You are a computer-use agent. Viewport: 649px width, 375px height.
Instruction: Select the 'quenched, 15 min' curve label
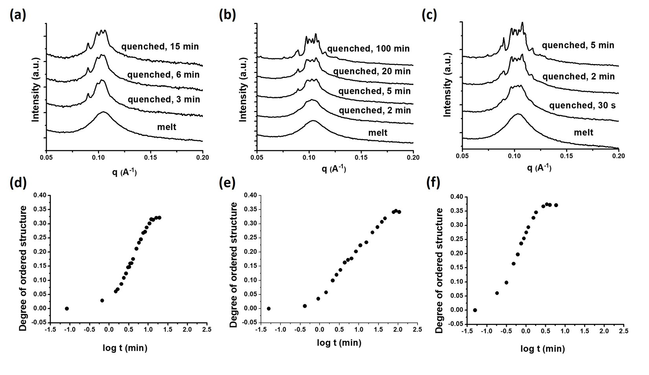[x=160, y=46]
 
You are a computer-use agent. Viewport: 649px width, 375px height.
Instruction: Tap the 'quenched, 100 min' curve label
[x=368, y=49]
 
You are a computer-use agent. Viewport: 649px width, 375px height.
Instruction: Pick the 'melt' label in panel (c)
[x=583, y=132]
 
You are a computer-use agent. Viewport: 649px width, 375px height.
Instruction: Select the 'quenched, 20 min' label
[x=372, y=71]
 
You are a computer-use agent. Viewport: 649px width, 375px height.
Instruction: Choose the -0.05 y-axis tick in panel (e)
[x=246, y=323]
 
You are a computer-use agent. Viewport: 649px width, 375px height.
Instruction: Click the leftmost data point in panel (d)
[x=67, y=309]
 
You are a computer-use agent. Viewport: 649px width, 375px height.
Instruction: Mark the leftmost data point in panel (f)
[x=475, y=310]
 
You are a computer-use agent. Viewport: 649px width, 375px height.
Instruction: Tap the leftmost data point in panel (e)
[x=268, y=309]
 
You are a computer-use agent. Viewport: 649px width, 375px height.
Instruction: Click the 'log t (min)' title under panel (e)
[x=339, y=343]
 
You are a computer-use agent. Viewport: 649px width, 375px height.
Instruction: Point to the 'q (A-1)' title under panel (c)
[x=540, y=168]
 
